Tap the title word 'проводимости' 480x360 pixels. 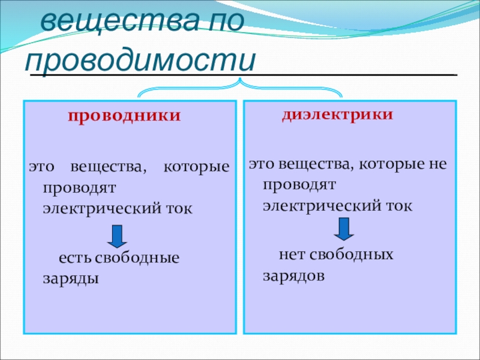(x=140, y=59)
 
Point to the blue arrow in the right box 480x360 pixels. (x=344, y=229)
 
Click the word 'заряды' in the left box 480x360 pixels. (x=71, y=279)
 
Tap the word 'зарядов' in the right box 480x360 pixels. (x=293, y=276)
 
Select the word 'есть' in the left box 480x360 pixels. (x=75, y=258)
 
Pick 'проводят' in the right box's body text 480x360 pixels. (x=299, y=184)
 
